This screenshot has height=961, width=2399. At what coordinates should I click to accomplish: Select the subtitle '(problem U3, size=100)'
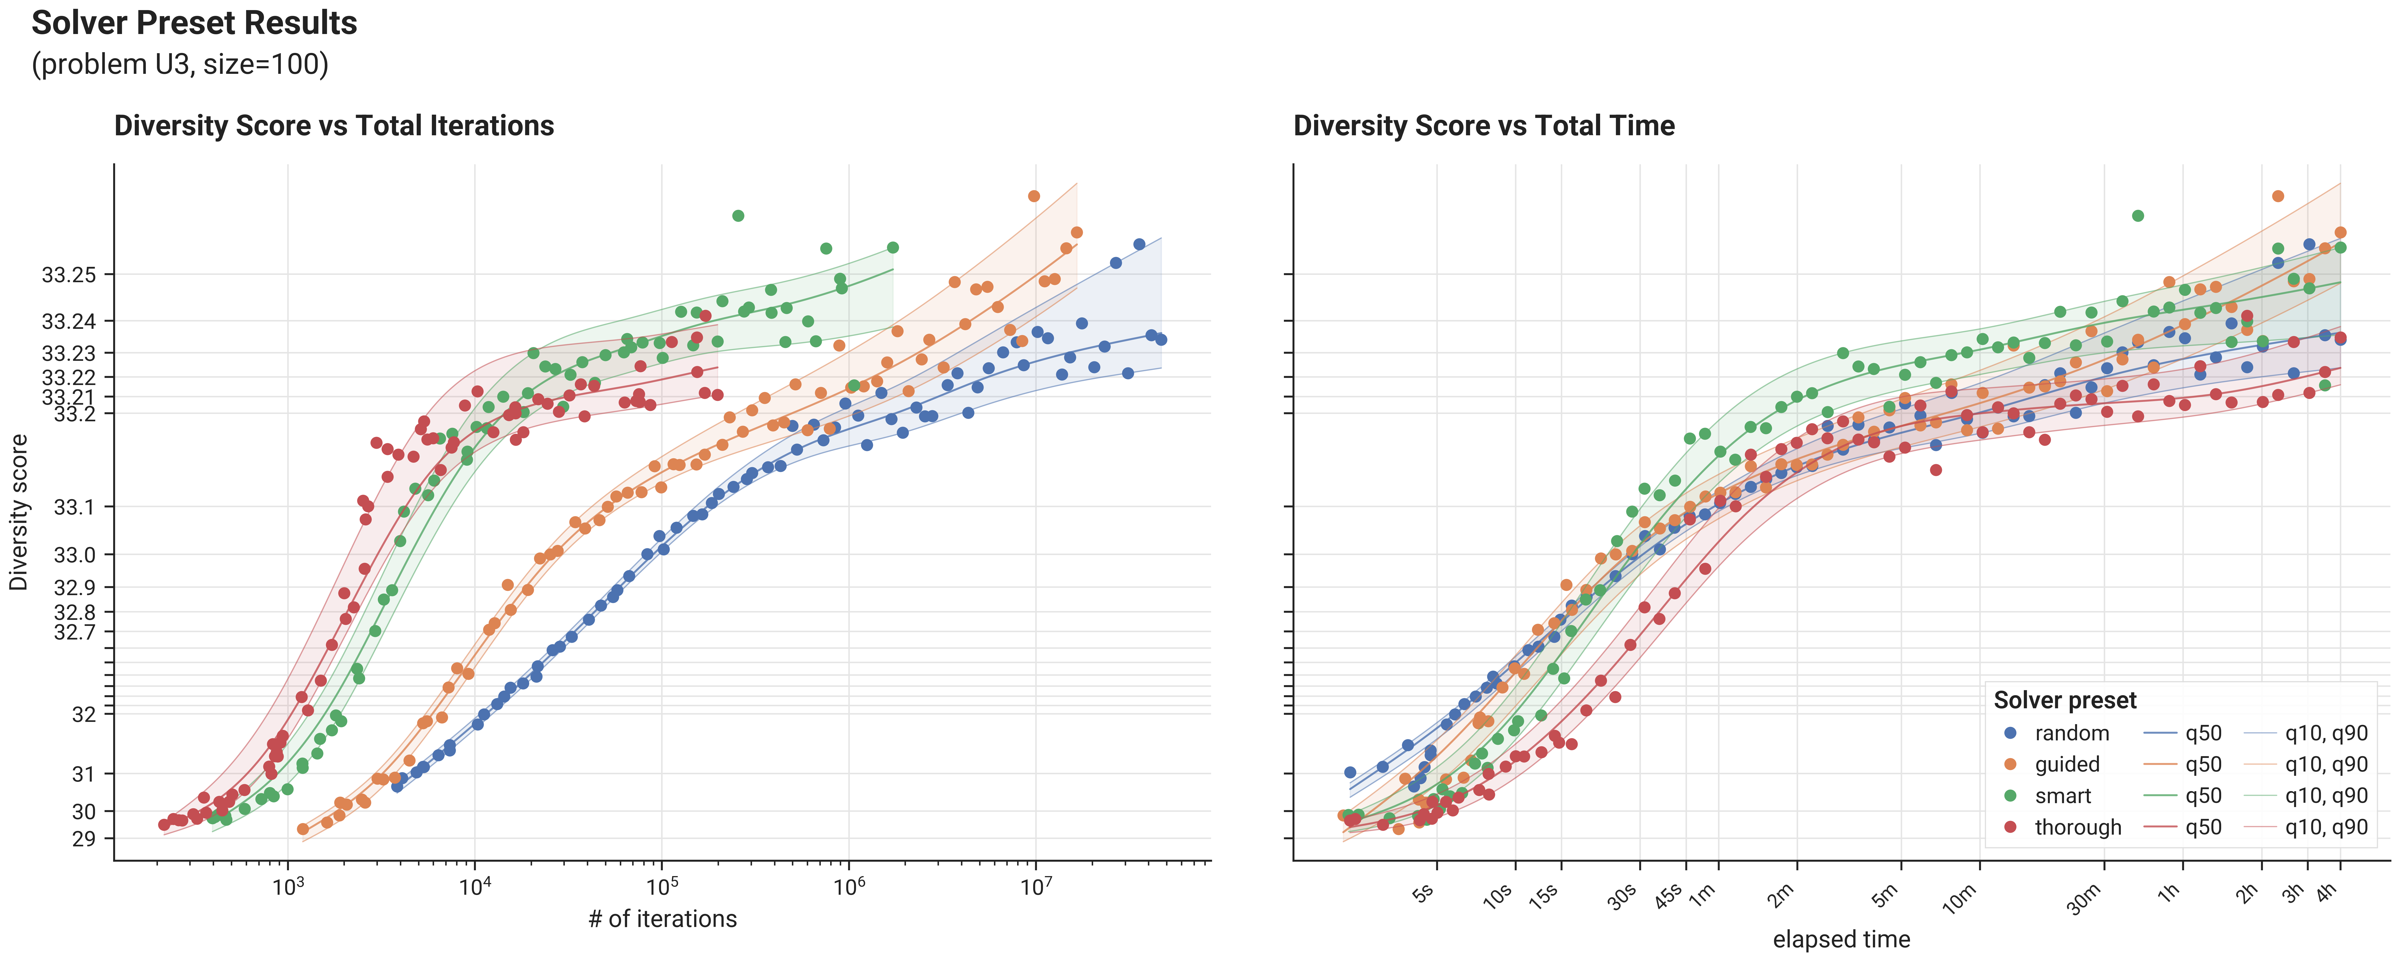pos(180,64)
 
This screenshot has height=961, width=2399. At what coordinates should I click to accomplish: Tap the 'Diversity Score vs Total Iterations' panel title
pos(334,126)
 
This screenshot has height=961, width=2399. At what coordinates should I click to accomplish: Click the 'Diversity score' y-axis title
pos(19,512)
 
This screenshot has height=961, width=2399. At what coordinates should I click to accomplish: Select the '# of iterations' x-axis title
pos(662,919)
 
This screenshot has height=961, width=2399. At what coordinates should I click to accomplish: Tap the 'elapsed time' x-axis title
pos(1841,940)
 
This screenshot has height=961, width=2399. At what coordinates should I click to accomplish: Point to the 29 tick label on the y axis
pos(84,839)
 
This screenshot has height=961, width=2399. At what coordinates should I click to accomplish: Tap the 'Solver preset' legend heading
pos(2065,700)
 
